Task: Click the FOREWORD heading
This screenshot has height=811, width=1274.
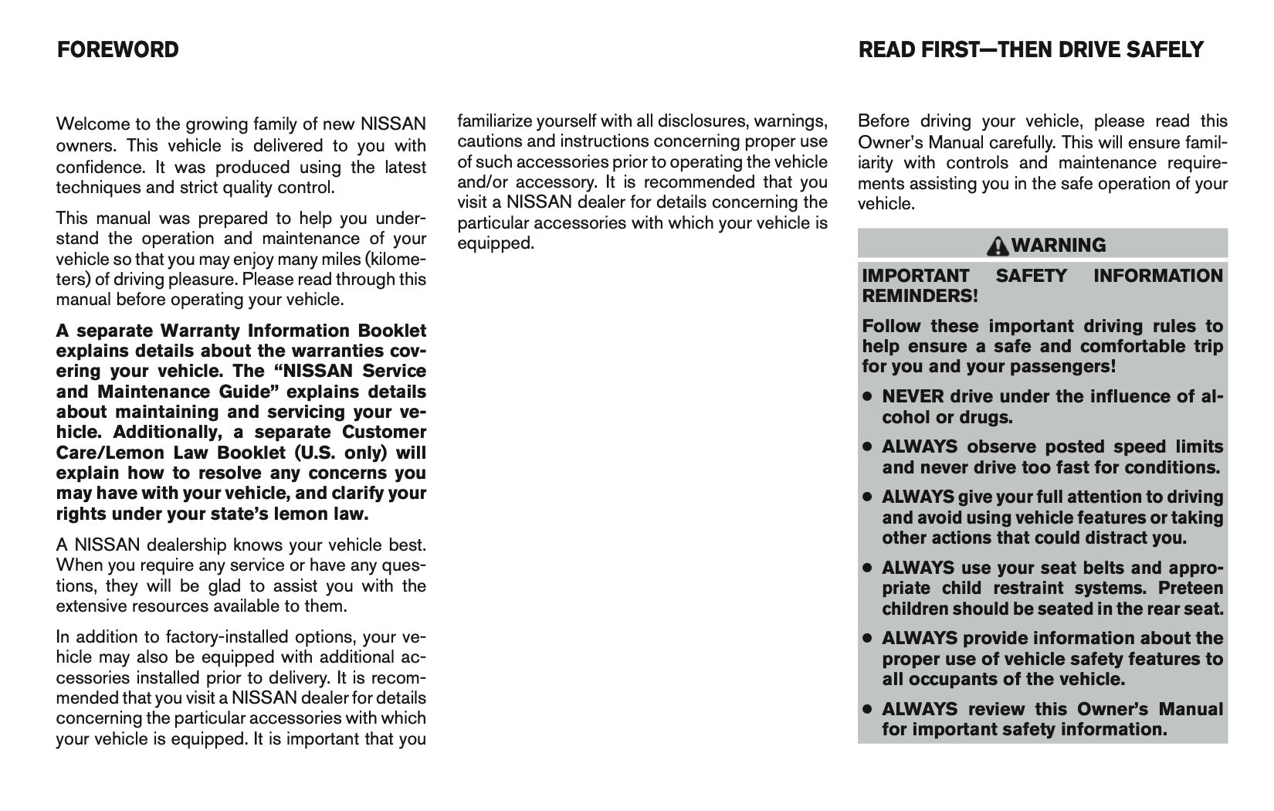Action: [117, 50]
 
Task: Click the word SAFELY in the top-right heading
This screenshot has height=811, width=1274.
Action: [1164, 50]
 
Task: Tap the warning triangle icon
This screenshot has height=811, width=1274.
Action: [999, 246]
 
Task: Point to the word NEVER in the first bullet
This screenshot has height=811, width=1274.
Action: [913, 397]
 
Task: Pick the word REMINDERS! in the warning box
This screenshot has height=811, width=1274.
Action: [920, 296]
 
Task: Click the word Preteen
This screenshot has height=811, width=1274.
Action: [1191, 589]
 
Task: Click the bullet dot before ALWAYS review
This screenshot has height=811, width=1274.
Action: [867, 709]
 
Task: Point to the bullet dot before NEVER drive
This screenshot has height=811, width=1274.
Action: [867, 397]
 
